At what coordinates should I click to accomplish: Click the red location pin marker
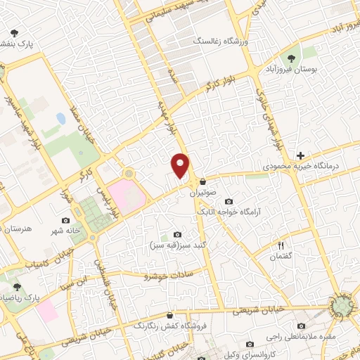click(180, 165)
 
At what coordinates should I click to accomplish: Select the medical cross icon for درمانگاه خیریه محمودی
click(301, 155)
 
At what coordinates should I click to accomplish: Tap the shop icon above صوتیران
click(203, 181)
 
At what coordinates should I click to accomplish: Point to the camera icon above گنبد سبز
click(176, 234)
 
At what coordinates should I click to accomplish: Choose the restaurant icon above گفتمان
click(282, 245)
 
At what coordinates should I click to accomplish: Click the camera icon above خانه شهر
click(65, 221)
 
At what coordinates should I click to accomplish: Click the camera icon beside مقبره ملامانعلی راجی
click(302, 326)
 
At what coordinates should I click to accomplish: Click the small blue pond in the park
click(61, 119)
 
